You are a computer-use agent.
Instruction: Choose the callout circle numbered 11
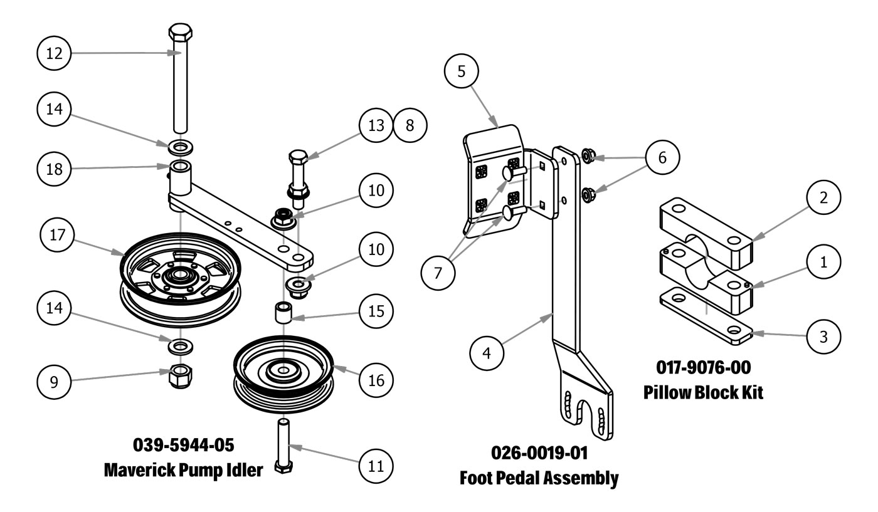[376, 466]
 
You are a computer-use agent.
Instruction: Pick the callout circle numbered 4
[487, 352]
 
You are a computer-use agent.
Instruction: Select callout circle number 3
[824, 337]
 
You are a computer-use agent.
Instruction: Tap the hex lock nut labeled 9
[182, 375]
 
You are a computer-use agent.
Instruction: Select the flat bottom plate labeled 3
[706, 317]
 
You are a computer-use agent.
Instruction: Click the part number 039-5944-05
[184, 446]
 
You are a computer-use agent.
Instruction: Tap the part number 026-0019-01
[540, 453]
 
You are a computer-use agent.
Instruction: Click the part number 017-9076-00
[703, 367]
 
